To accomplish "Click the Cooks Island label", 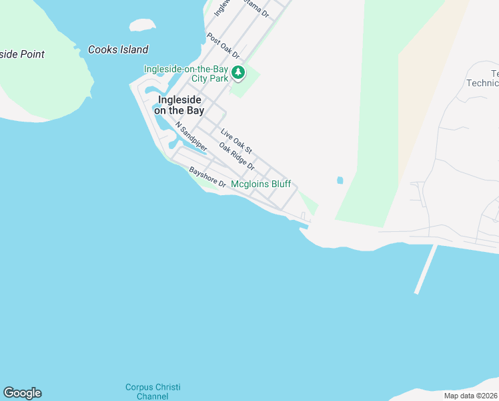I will (x=118, y=49).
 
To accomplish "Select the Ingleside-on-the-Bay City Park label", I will (x=186, y=74).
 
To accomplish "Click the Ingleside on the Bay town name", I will (x=179, y=105).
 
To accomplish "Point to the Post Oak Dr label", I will (x=223, y=45).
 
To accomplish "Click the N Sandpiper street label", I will (x=191, y=136).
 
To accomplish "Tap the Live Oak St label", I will (x=236, y=143).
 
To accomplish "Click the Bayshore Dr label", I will (x=207, y=177).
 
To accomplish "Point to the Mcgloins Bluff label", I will (x=261, y=184).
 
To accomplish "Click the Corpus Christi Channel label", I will (x=153, y=392).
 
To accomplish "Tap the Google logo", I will (x=22, y=393).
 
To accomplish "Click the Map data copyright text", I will (x=470, y=396).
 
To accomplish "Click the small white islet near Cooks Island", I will (x=142, y=25).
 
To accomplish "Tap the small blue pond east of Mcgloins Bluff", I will (x=340, y=180).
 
